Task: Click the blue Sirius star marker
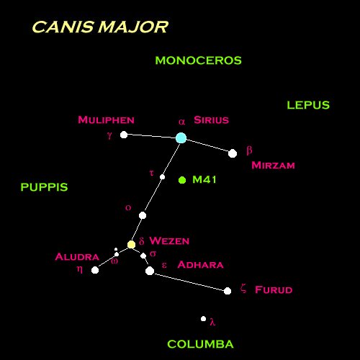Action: (x=181, y=138)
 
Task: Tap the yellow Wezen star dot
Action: (x=131, y=245)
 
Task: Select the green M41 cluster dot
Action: (x=182, y=180)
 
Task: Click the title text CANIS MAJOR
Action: (x=100, y=27)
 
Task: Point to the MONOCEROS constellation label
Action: (x=198, y=60)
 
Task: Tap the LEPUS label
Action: (x=308, y=105)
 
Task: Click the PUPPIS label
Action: (x=45, y=187)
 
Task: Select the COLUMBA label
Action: (x=200, y=344)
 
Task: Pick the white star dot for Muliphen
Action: (x=124, y=135)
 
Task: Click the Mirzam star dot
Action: (x=233, y=153)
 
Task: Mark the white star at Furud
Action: (x=228, y=291)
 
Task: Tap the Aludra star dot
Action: (x=95, y=270)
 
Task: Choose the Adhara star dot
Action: (x=150, y=271)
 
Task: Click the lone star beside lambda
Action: (x=203, y=319)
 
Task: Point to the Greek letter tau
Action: (x=151, y=173)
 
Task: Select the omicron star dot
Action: (x=143, y=215)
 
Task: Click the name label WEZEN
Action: (x=169, y=241)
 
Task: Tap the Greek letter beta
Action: (x=249, y=150)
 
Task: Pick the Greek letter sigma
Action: (x=153, y=253)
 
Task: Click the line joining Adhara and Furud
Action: (x=189, y=281)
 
